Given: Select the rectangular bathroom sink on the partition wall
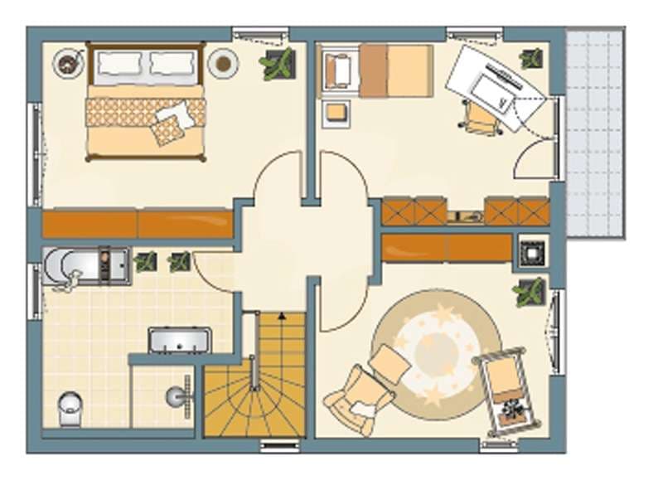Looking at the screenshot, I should (179, 340).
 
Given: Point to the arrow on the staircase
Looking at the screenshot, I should (282, 316).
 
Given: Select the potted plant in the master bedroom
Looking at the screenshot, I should (278, 64).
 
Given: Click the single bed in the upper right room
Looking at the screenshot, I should (395, 70).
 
